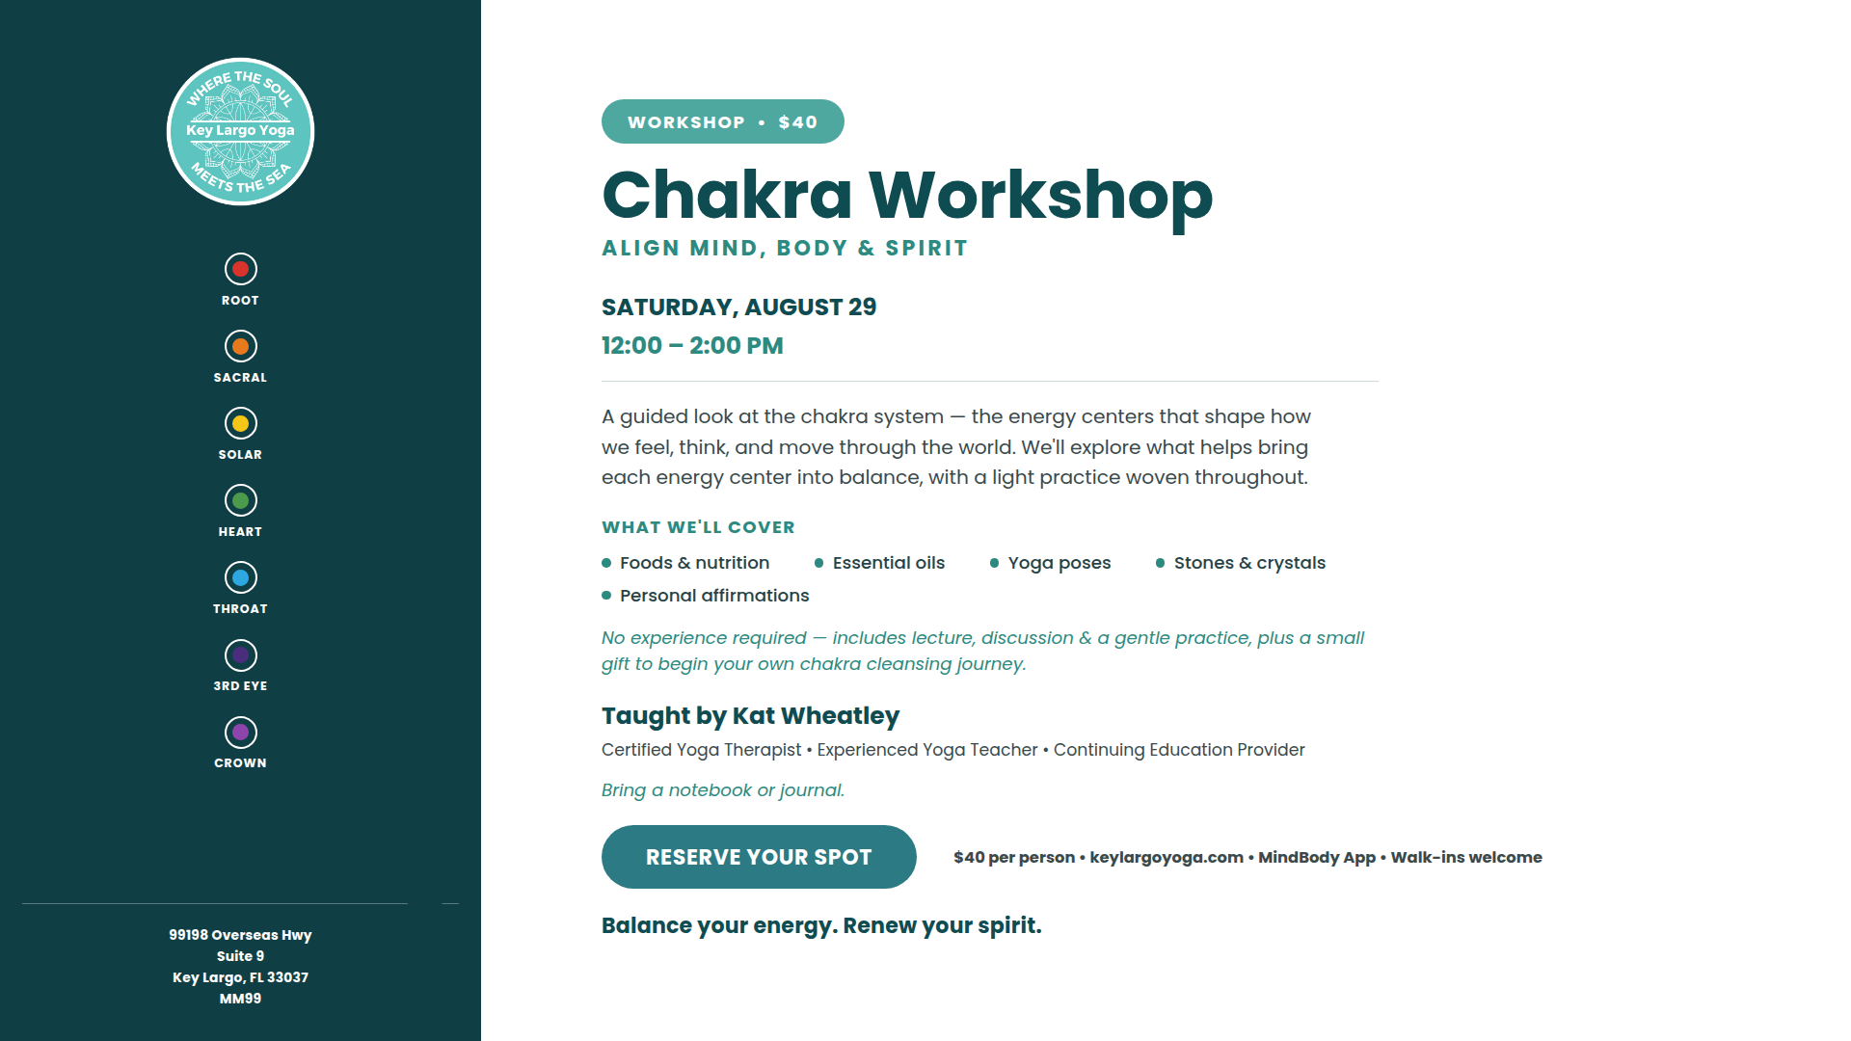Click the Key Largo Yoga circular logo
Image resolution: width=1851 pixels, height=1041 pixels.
click(240, 131)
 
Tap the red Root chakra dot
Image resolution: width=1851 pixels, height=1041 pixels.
click(240, 269)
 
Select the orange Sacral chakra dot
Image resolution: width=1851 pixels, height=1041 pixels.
click(240, 346)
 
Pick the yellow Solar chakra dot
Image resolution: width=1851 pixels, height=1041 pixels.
click(240, 423)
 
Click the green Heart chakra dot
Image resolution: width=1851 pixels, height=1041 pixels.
click(240, 500)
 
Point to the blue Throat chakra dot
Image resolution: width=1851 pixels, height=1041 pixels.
click(240, 577)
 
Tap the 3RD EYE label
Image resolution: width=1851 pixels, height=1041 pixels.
click(240, 686)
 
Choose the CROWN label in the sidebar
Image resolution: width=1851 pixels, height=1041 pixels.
click(240, 763)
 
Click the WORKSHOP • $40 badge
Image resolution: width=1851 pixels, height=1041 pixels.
click(722, 121)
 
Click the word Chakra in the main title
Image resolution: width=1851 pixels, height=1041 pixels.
click(727, 196)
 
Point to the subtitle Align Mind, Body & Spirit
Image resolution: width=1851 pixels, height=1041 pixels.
click(784, 248)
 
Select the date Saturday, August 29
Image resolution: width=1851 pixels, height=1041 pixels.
click(738, 307)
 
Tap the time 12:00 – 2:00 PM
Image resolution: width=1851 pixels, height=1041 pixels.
click(692, 346)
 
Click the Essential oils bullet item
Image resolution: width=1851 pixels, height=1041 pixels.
click(879, 563)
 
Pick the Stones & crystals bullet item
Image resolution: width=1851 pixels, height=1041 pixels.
click(1240, 563)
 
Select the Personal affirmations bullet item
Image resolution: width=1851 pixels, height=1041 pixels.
click(705, 596)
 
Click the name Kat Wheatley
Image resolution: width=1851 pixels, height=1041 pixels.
click(816, 716)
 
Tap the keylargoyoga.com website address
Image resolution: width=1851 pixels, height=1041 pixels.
click(1167, 858)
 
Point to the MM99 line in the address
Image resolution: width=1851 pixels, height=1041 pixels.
click(240, 999)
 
